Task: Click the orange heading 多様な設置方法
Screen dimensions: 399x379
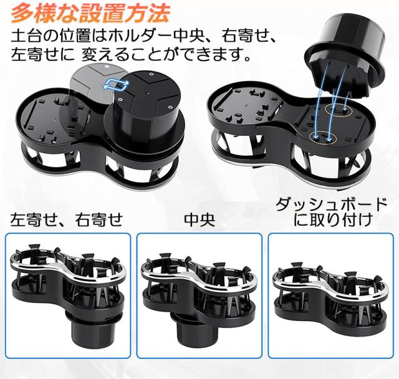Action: pos(90,13)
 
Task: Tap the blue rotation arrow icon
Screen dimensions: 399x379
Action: pos(117,85)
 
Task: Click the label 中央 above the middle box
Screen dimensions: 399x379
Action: pos(199,220)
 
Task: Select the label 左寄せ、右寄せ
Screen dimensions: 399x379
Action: pos(67,220)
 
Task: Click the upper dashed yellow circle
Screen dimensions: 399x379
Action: pos(338,110)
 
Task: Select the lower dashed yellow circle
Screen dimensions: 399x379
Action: pos(323,137)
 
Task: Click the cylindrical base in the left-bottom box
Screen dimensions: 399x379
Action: pos(84,328)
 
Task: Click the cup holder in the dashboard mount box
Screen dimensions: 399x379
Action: pos(330,292)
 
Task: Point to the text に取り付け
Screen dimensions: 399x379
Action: pos(333,219)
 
